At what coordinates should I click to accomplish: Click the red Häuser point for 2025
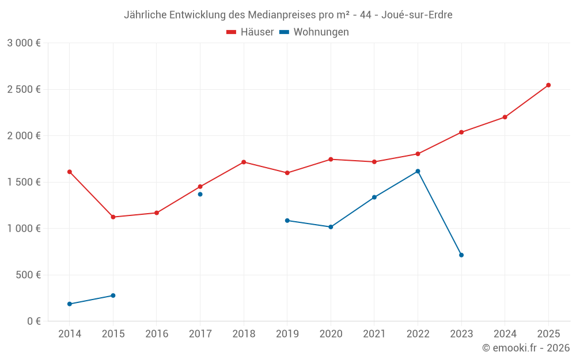548,85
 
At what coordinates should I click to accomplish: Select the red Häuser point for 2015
113,217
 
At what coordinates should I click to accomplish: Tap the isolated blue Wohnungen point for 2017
200,194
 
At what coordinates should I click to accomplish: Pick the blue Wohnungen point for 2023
461,255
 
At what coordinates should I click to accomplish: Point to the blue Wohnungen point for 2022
418,171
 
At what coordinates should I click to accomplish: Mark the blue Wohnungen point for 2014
70,304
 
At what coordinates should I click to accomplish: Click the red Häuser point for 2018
244,162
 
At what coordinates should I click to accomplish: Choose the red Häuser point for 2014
70,172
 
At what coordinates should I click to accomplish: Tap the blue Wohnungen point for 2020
331,227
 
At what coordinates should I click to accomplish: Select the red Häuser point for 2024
505,117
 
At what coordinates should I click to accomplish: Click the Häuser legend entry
250,32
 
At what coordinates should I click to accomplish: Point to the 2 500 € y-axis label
24,89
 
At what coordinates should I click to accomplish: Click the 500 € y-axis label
27,275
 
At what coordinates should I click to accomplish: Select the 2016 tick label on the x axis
157,334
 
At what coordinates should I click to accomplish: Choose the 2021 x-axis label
374,334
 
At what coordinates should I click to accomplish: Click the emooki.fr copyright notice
526,348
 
